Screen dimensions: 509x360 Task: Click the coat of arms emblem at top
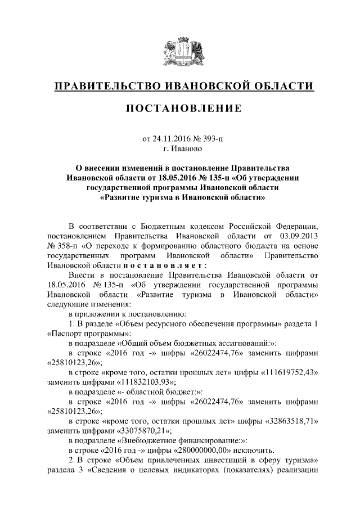tap(179, 50)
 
